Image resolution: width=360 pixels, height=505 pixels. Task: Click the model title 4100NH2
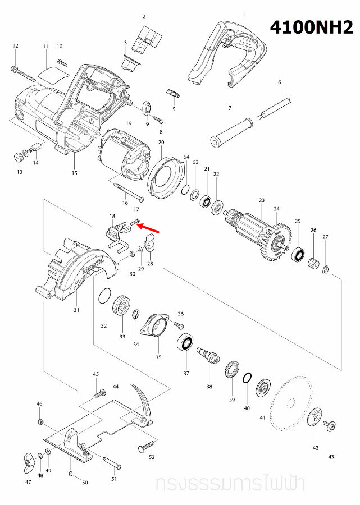(312, 27)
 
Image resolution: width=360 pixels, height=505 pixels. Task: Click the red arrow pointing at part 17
(149, 227)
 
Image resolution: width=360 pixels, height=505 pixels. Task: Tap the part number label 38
(209, 387)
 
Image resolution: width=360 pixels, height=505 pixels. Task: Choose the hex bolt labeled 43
(330, 426)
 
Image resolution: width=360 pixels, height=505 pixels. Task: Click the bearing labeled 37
(186, 343)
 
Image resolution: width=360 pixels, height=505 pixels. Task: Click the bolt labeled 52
(145, 447)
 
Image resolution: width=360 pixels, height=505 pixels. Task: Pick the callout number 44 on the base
(116, 387)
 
